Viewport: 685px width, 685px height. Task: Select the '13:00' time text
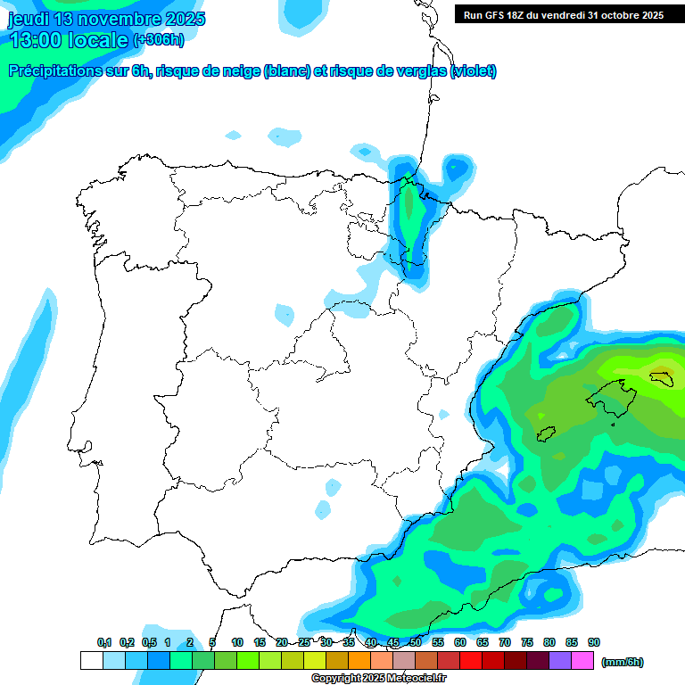point(37,40)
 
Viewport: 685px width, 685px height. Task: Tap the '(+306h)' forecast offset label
point(158,40)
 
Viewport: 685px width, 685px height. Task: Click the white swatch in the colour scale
point(91,661)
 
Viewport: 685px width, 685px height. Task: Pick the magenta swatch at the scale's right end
point(583,661)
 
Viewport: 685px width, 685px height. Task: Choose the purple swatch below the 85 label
point(561,661)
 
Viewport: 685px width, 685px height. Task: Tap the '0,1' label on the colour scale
point(104,643)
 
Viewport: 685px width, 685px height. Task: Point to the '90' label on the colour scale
point(593,643)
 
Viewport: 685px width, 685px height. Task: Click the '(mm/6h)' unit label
point(623,662)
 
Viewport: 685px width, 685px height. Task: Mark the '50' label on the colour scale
point(416,643)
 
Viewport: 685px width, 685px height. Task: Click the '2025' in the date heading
point(179,19)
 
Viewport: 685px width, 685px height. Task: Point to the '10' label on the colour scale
point(237,643)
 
